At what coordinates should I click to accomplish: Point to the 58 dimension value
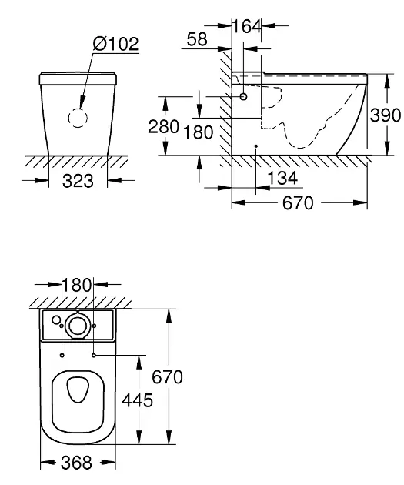(x=197, y=39)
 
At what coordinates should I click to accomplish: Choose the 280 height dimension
(x=164, y=126)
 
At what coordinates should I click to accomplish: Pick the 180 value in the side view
(x=199, y=132)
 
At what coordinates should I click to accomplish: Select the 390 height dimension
(x=386, y=115)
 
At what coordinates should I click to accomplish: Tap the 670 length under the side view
(x=297, y=203)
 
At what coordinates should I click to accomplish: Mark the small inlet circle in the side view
(x=244, y=97)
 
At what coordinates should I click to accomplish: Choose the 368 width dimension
(x=76, y=463)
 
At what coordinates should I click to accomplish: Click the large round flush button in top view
(x=77, y=326)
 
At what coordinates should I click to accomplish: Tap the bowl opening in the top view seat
(x=77, y=392)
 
